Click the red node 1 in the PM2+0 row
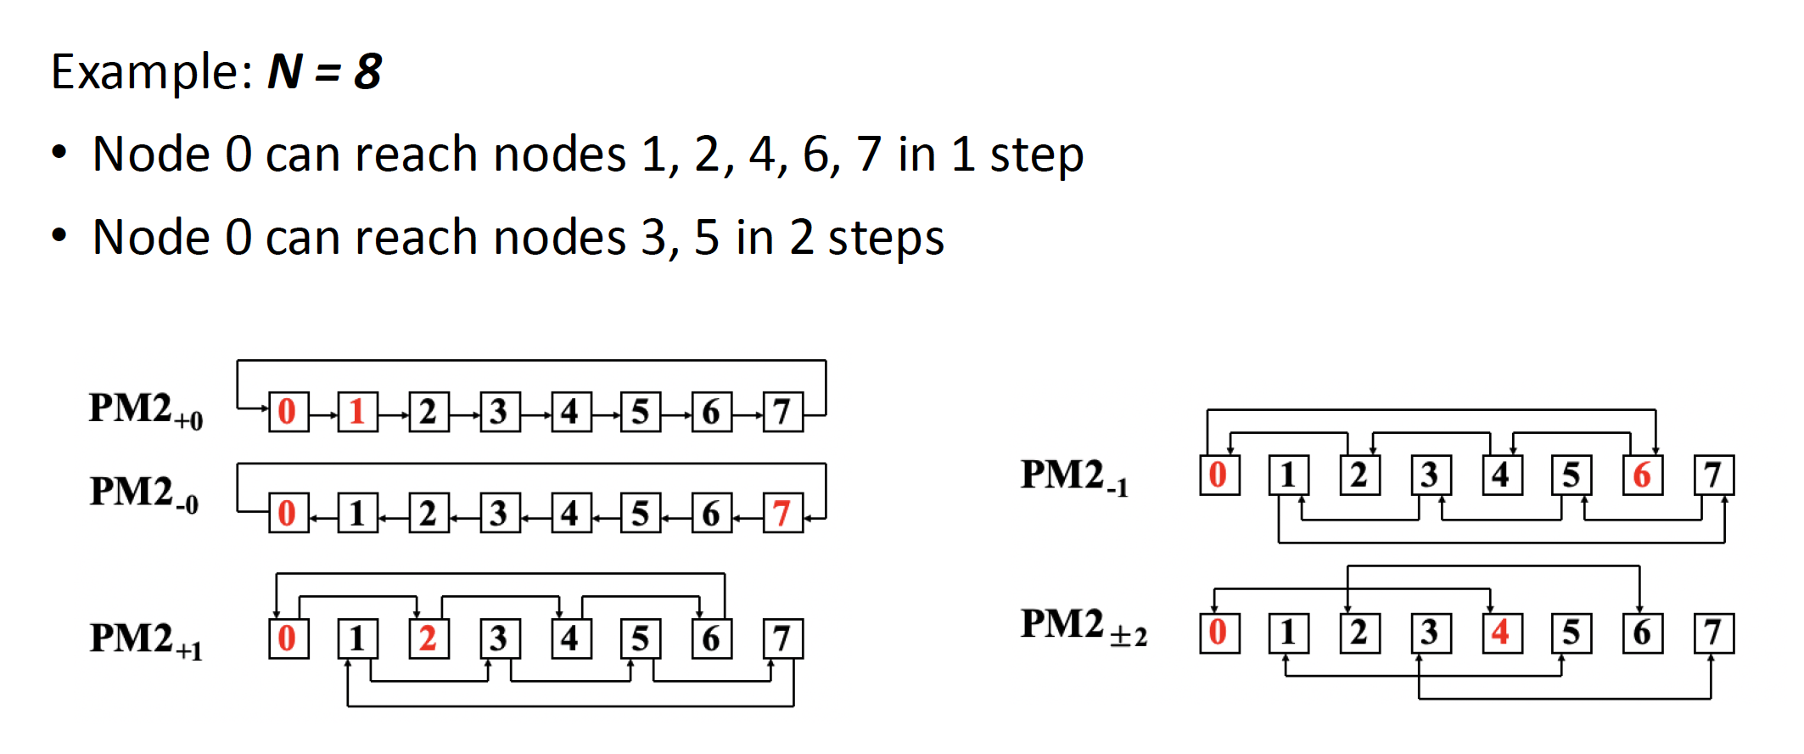click(357, 412)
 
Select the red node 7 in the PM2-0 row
click(782, 513)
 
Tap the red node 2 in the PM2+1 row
click(429, 639)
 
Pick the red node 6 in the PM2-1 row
click(1642, 475)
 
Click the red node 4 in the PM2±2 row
click(1501, 633)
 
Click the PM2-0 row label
click(144, 493)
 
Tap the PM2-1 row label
click(1074, 476)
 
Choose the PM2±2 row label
click(1083, 626)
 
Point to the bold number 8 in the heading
click(367, 71)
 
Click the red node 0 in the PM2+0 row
click(288, 412)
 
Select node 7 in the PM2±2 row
click(1713, 633)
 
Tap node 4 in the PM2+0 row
click(570, 412)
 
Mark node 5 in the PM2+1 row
click(641, 639)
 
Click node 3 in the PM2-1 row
click(1431, 475)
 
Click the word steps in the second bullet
click(886, 238)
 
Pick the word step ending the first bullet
click(1037, 155)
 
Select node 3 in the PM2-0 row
click(499, 513)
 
